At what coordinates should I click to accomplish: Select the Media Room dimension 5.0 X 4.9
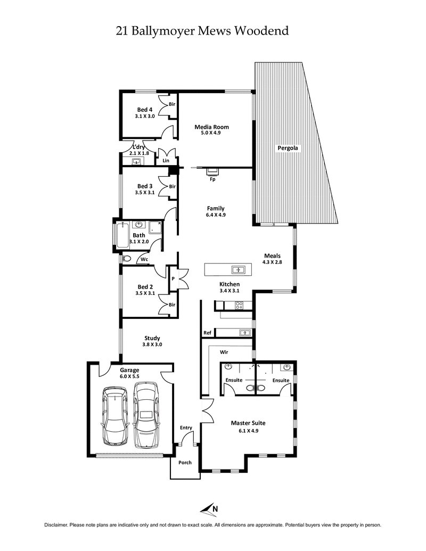coord(212,134)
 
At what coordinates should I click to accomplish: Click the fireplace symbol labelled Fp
coord(212,171)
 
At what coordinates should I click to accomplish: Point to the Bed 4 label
coord(145,109)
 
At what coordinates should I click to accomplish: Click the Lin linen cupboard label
coord(166,160)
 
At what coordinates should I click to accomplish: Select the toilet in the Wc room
coord(126,259)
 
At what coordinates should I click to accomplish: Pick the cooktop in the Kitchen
coord(239,306)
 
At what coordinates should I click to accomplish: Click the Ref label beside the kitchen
coord(207,333)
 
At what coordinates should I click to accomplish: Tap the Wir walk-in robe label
coord(224,352)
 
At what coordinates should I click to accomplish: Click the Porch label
coord(185,462)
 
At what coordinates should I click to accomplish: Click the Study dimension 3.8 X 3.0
coord(152,344)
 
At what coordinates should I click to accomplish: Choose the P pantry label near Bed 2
coord(173,277)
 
